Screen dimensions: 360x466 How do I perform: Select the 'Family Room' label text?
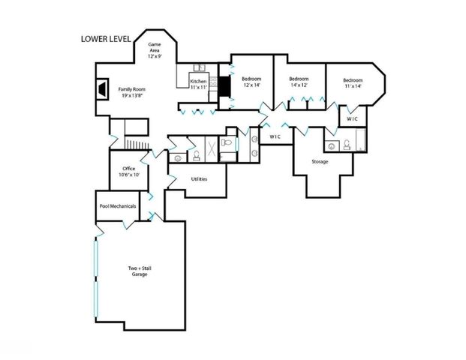tap(132, 89)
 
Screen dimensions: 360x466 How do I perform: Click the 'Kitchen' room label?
tap(198, 81)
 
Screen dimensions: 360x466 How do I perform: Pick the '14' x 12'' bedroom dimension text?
tap(299, 85)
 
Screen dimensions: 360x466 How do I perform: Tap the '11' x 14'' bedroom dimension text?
tap(353, 86)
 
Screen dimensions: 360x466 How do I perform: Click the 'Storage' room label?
tap(320, 161)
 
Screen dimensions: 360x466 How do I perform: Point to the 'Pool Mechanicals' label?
tap(117, 206)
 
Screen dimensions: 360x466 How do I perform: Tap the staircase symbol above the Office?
tap(133, 143)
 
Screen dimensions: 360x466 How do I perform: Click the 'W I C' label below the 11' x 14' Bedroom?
tap(353, 118)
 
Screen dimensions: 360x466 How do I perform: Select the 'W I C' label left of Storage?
tap(275, 136)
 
